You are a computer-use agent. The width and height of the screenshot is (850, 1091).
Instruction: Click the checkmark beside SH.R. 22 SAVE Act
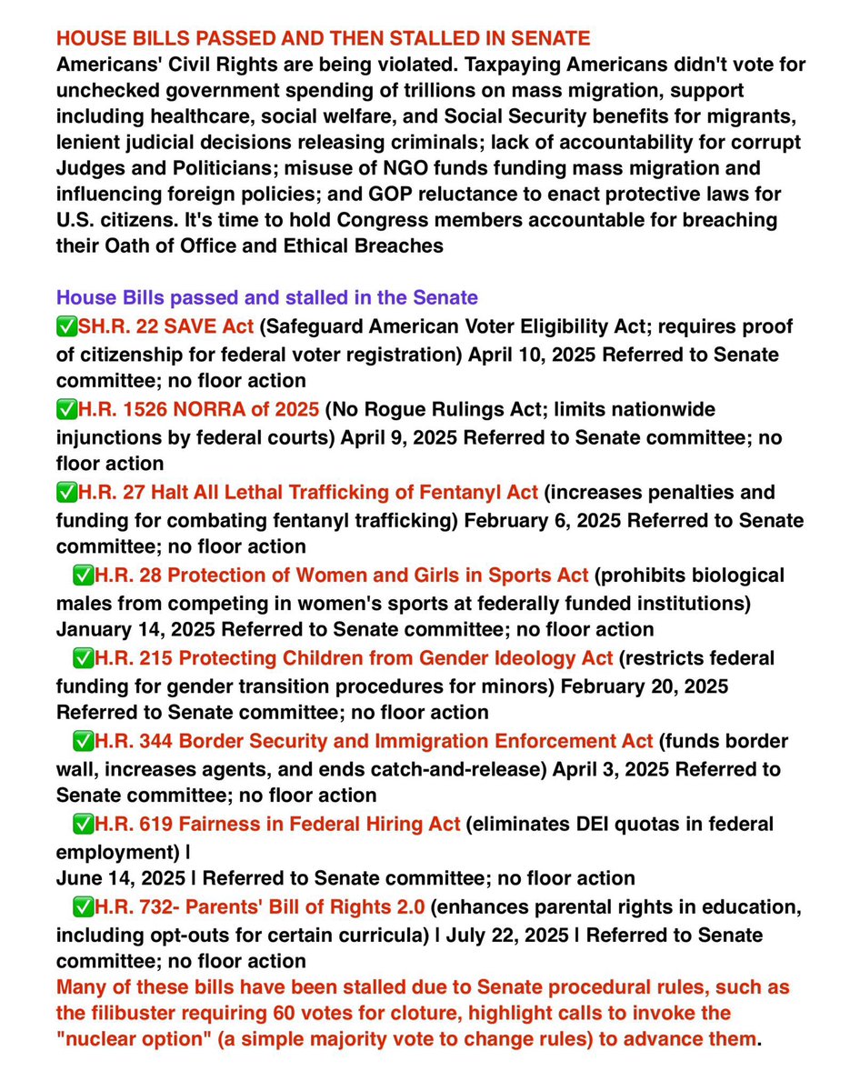click(66, 327)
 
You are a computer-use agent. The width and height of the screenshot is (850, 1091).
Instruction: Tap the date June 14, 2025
click(116, 878)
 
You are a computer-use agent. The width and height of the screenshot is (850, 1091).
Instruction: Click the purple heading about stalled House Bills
click(267, 297)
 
